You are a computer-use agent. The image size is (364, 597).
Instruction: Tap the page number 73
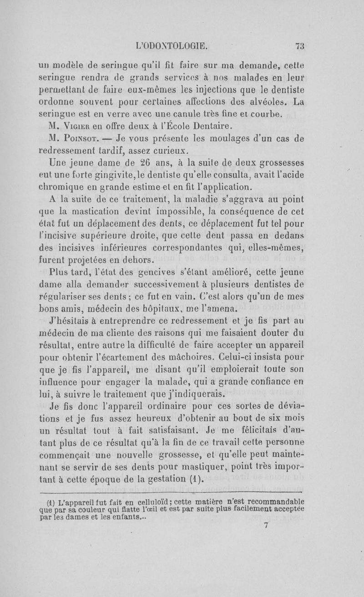pyautogui.click(x=299, y=45)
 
